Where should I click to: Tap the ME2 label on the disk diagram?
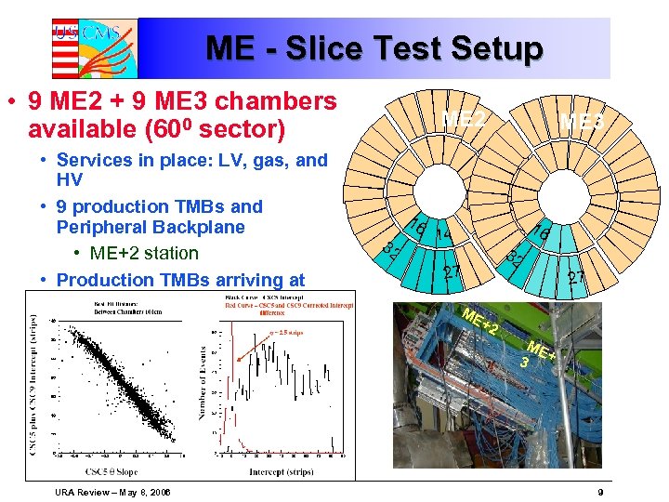(464, 118)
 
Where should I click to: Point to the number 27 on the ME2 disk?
(453, 272)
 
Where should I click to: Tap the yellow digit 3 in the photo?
(526, 362)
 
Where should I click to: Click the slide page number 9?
(601, 491)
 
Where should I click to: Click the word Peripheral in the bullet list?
(99, 228)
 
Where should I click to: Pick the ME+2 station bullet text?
(144, 253)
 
